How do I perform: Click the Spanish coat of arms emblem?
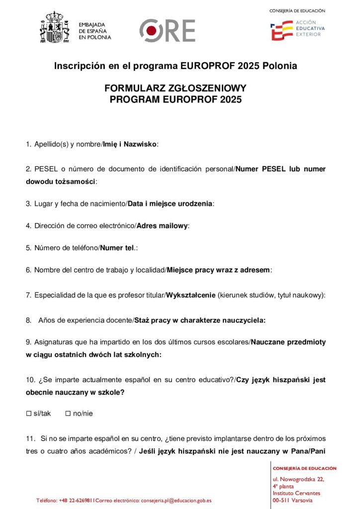coord(54,28)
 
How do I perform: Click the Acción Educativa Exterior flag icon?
coord(281,30)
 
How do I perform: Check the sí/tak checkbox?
coord(28,414)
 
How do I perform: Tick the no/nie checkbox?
coord(68,414)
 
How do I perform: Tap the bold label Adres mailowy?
coord(163,226)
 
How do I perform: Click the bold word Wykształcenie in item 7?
coord(191,295)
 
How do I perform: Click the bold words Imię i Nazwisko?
coord(129,144)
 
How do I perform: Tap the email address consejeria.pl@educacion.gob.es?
coord(177,501)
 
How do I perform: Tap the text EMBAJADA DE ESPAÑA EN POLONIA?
coord(95,31)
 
